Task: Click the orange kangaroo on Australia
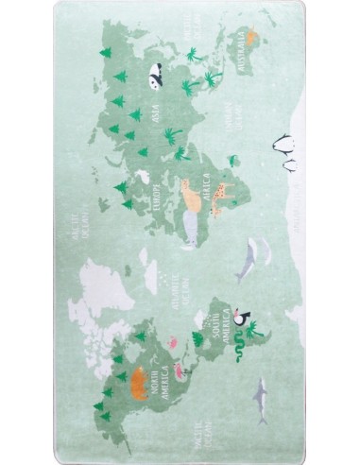pos(250,39)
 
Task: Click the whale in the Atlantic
pos(251,255)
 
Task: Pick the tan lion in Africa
pos(193,194)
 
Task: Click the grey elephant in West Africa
pos(191,232)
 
